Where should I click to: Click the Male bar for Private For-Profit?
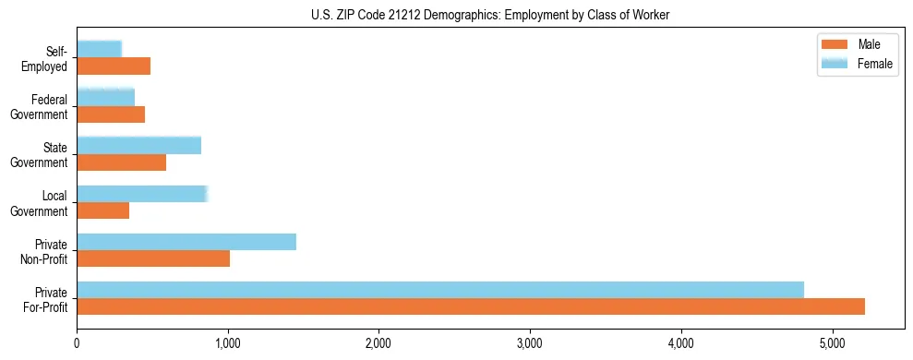tap(471, 306)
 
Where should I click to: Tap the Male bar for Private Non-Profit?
tap(153, 258)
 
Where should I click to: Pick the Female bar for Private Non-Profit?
tap(186, 242)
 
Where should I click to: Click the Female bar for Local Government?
tap(142, 194)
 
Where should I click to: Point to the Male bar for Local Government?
tap(103, 210)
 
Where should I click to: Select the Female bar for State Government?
tap(138, 145)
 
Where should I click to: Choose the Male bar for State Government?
tap(121, 162)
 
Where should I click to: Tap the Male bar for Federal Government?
tap(111, 114)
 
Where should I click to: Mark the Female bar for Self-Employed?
tap(99, 49)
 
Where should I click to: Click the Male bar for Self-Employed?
tap(114, 66)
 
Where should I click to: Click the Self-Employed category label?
tap(45, 58)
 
